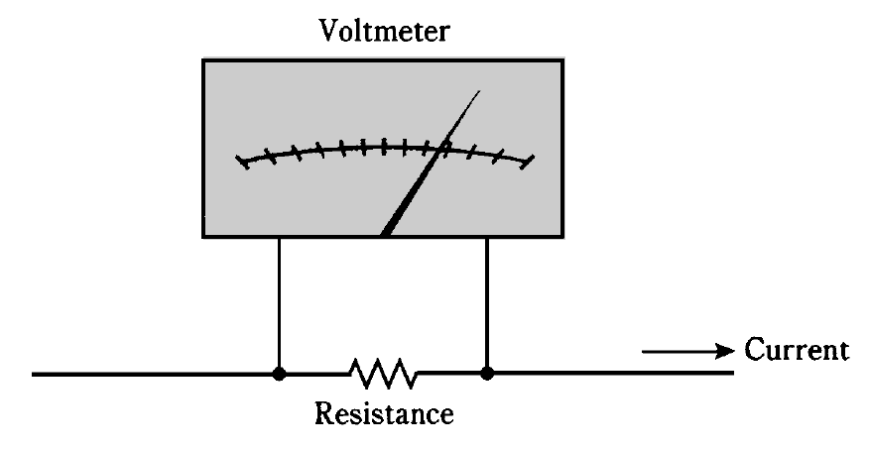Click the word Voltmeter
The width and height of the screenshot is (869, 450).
click(x=383, y=30)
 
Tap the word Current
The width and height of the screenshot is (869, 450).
click(x=797, y=350)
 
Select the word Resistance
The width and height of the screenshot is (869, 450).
click(x=384, y=411)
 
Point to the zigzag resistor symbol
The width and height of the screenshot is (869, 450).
click(x=383, y=374)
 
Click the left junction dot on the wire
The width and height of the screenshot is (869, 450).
click(x=280, y=375)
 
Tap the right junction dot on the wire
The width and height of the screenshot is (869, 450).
click(x=487, y=375)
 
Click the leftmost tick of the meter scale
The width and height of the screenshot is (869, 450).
click(x=241, y=161)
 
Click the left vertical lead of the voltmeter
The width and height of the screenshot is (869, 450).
click(x=280, y=302)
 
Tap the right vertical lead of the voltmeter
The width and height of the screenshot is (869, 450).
click(x=487, y=302)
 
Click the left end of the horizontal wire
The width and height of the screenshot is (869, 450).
click(x=36, y=375)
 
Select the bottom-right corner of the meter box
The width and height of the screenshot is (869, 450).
click(x=564, y=237)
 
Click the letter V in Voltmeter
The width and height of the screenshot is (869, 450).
click(x=327, y=30)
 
